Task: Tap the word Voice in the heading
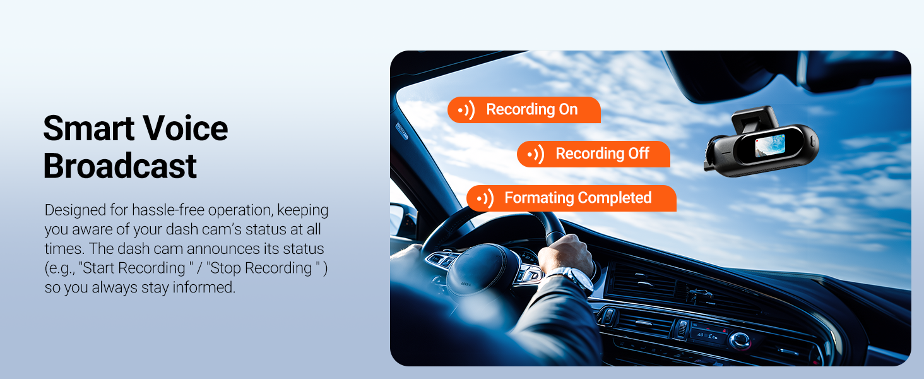[x=186, y=129]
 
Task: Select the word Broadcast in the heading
[x=120, y=167]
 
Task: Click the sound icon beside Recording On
[x=466, y=111]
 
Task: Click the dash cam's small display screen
[x=769, y=145]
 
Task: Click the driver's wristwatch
[x=577, y=279]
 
